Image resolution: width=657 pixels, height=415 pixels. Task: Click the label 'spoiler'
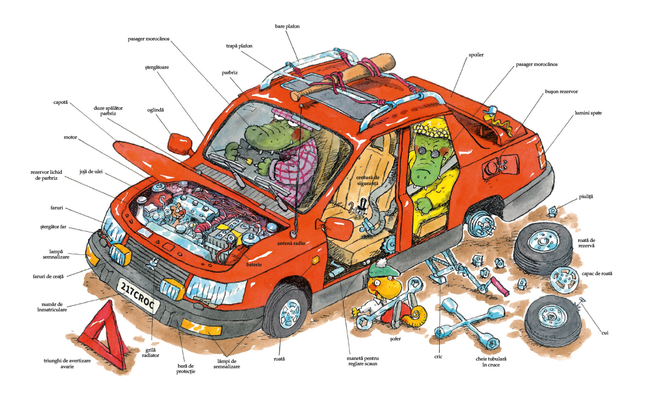tap(476, 55)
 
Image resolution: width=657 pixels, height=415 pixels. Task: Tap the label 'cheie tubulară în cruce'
tap(491, 362)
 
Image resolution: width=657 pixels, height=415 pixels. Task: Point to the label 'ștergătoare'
tap(157, 67)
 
